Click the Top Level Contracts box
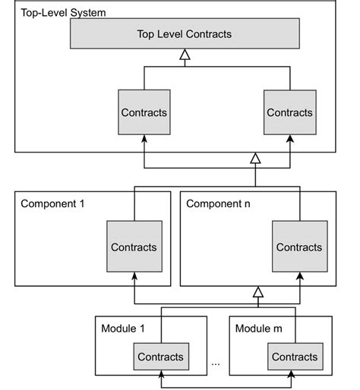pos(184,34)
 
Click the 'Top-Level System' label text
pos(63,12)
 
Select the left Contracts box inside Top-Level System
pos(143,112)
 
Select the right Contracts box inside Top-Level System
pos(289,112)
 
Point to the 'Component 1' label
pos(54,203)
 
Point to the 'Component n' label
pos(219,203)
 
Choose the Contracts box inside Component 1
pos(134,247)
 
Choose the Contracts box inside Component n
pos(298,247)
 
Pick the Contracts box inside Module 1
pos(160,357)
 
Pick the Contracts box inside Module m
pos(295,357)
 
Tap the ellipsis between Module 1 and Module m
pos(216,363)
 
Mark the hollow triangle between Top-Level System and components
pos(256,158)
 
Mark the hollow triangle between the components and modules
pos(258,292)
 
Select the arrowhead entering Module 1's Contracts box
pos(160,372)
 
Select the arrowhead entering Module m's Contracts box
pos(295,372)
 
